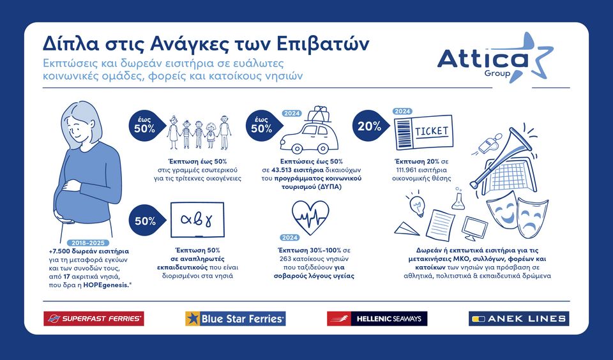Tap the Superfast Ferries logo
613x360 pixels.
(94, 319)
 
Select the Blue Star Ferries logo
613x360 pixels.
(236, 319)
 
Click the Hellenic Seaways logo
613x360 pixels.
(377, 319)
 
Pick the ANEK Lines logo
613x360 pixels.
(518, 319)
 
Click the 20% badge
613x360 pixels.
(370, 126)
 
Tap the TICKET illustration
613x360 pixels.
(423, 133)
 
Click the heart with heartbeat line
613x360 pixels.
(310, 217)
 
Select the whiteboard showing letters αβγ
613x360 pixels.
(197, 220)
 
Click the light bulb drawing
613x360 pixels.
(417, 204)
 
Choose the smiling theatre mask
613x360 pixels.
(502, 213)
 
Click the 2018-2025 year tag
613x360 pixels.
(88, 243)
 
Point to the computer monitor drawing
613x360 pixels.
(474, 229)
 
